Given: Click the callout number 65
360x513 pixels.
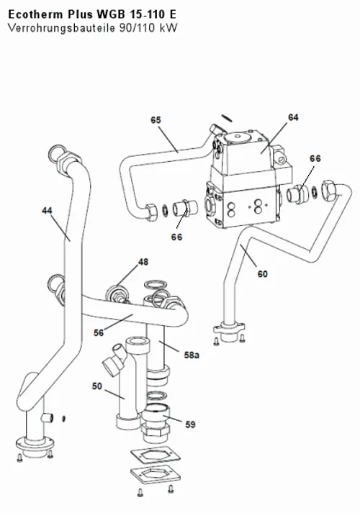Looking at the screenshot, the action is point(156,120).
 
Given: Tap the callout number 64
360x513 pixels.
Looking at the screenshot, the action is point(293,117).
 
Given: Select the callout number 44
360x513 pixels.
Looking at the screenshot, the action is point(47,211).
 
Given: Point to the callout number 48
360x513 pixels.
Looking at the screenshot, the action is point(143,262).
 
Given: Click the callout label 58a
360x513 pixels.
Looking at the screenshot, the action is point(192,355).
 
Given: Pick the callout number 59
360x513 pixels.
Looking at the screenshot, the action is point(190,425).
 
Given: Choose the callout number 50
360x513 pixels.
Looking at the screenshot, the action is point(97,386).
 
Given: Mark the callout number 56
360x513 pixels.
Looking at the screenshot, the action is point(99,332).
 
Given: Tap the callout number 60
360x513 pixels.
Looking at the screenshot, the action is point(263,274).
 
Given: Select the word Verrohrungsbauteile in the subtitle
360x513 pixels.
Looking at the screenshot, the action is point(61,28).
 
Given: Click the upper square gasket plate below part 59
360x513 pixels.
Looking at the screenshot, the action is point(156,455).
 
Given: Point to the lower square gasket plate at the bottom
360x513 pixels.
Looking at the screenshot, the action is point(156,474).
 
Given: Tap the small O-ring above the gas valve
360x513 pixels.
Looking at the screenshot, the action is point(227,118).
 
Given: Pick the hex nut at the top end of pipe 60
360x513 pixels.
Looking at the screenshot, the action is point(330,190).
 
